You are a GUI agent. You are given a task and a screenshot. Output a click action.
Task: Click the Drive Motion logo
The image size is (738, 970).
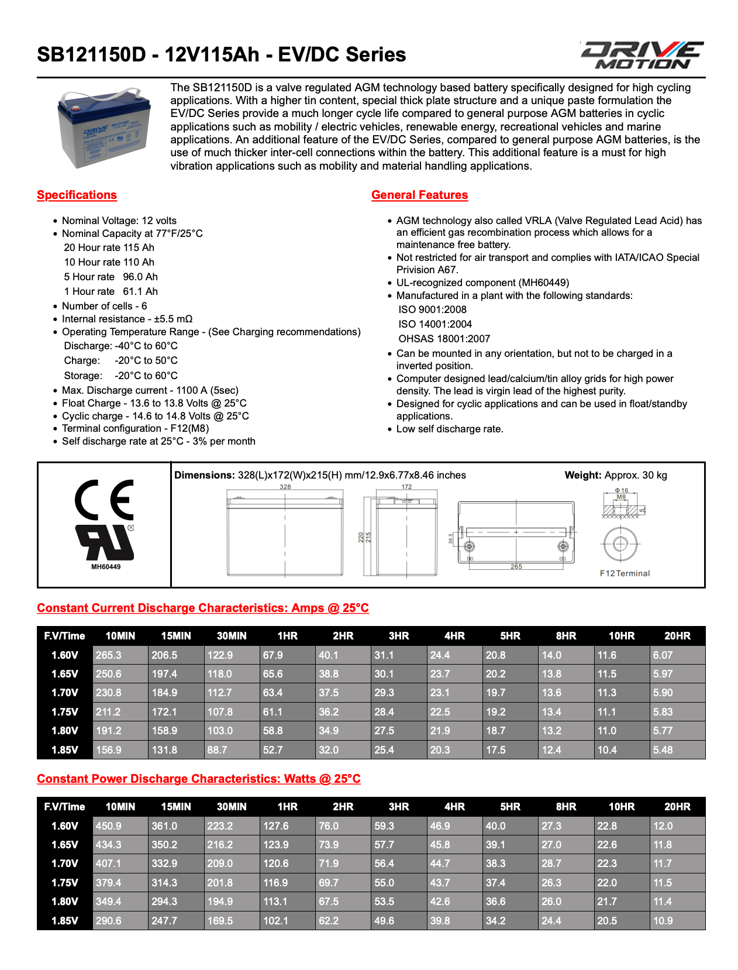(642, 56)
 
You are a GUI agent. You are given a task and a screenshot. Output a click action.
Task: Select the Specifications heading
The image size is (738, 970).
(77, 195)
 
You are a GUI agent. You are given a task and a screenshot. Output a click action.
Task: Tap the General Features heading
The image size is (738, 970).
(419, 195)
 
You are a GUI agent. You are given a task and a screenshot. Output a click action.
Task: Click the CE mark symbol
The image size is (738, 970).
(105, 500)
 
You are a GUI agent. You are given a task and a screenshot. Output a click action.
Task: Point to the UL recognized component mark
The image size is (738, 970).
(105, 542)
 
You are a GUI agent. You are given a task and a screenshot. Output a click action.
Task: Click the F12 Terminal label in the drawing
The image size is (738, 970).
(624, 573)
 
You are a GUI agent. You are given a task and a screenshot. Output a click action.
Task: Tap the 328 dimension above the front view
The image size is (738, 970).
(285, 487)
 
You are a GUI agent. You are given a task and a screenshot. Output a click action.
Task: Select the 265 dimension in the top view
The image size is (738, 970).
(516, 566)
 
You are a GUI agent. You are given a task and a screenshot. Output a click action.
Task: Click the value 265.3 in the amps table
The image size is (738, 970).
(109, 655)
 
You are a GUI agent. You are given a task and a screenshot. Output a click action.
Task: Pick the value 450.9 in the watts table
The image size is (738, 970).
(109, 826)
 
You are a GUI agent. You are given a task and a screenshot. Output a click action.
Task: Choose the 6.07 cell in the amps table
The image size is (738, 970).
(663, 655)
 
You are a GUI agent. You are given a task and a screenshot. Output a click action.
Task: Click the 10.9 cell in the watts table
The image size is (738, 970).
(663, 921)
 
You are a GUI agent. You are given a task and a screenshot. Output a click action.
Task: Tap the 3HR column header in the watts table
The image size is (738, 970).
(399, 807)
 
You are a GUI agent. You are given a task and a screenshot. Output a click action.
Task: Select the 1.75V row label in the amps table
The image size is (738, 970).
(64, 712)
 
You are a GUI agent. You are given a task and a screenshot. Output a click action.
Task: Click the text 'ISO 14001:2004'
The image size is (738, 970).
(435, 324)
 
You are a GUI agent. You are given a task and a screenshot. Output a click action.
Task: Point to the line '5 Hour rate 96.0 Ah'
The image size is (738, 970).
(111, 277)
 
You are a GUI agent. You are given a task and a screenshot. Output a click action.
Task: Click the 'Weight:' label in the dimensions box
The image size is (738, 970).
(582, 475)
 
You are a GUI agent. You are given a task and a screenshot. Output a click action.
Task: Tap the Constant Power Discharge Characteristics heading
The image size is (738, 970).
(199, 779)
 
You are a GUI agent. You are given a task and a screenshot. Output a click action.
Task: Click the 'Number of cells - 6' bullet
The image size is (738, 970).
(104, 306)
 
